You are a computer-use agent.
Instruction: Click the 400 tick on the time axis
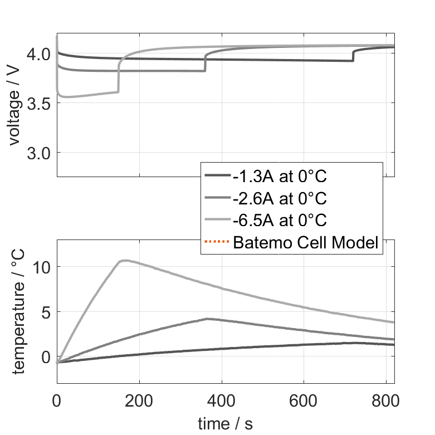[222, 400]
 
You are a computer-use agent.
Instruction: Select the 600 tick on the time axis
[304, 400]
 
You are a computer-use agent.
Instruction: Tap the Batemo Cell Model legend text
[306, 242]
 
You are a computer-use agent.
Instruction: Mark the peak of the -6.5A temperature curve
[125, 260]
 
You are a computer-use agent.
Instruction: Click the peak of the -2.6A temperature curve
[207, 319]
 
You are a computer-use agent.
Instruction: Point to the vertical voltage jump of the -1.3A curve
[353, 55]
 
